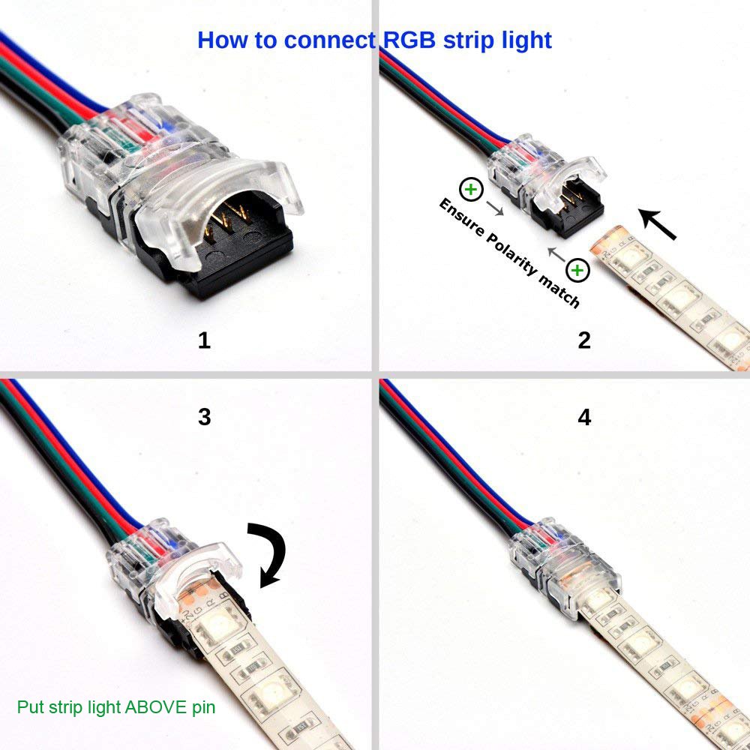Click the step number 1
click(204, 340)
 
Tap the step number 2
click(584, 340)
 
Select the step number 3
click(204, 417)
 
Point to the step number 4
click(584, 417)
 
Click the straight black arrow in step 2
click(658, 224)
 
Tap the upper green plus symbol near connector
click(470, 190)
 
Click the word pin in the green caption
click(202, 706)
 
